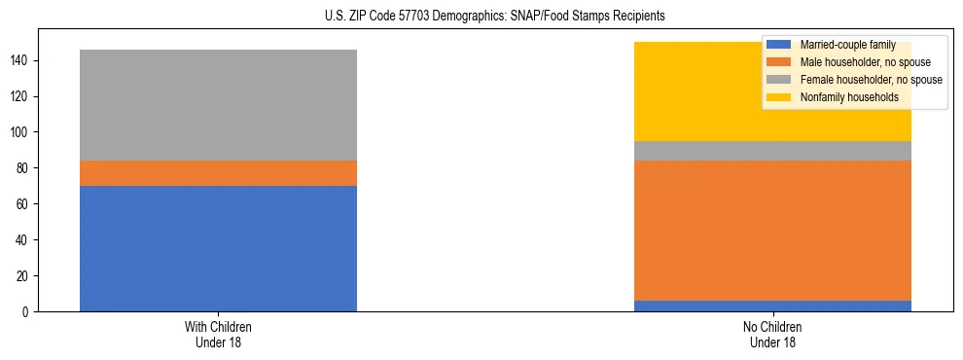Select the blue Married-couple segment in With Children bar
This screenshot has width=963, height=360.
pyautogui.click(x=218, y=248)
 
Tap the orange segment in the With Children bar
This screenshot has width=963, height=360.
pyautogui.click(x=218, y=173)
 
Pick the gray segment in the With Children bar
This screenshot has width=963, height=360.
pyautogui.click(x=218, y=105)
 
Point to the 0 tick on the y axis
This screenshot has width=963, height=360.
pyautogui.click(x=28, y=311)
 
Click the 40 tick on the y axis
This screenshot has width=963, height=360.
pyautogui.click(x=25, y=239)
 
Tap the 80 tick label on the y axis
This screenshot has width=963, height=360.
pyautogui.click(x=25, y=168)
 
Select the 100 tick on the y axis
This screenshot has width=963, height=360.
pyautogui.click(x=22, y=132)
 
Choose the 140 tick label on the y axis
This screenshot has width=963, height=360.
pyautogui.click(x=22, y=60)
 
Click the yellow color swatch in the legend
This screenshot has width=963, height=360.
pyautogui.click(x=779, y=97)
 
